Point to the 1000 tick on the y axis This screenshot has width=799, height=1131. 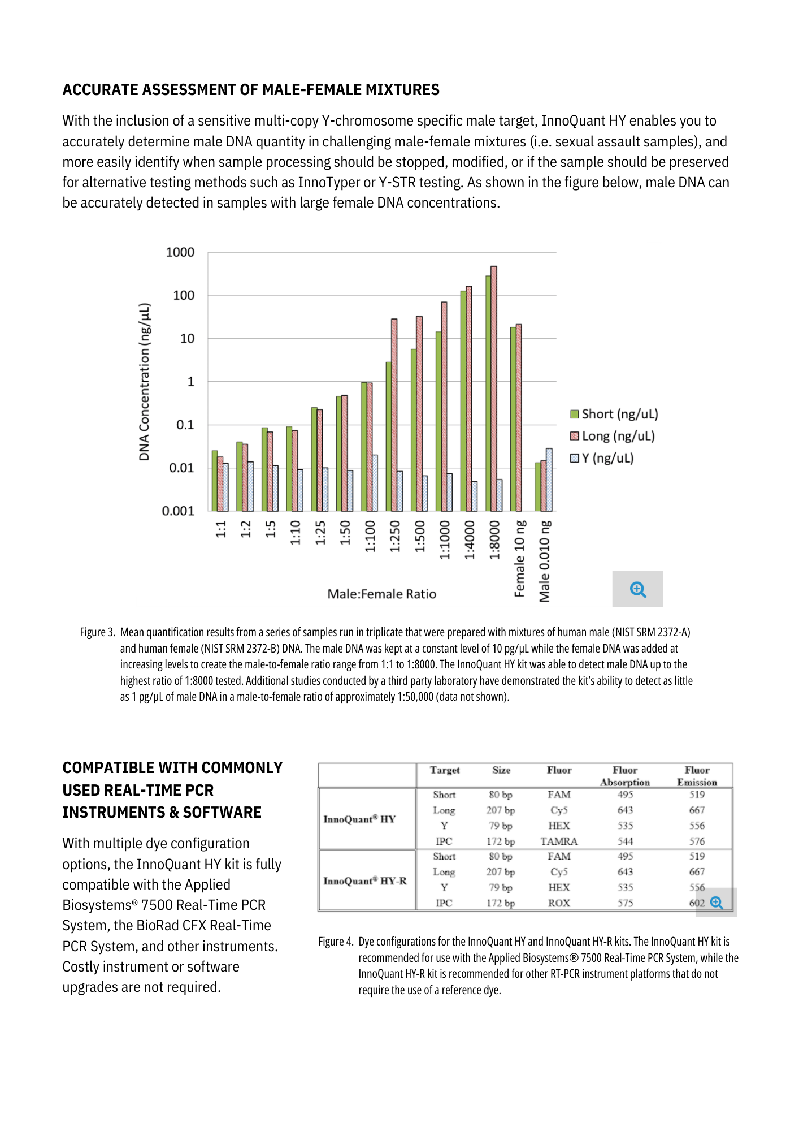(180, 252)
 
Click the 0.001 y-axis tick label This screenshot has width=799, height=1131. (178, 511)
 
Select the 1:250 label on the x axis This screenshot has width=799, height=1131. (395, 537)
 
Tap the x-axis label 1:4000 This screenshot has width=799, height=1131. (470, 540)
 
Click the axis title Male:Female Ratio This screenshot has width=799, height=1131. (382, 594)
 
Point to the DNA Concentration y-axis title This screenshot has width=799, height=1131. (145, 382)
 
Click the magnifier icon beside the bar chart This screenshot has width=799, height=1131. (638, 589)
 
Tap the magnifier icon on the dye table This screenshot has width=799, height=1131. (717, 903)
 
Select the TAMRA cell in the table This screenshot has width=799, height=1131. (559, 841)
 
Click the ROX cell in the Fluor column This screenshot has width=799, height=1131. (559, 903)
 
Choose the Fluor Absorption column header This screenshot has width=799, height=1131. (625, 776)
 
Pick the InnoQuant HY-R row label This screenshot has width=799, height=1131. (365, 881)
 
